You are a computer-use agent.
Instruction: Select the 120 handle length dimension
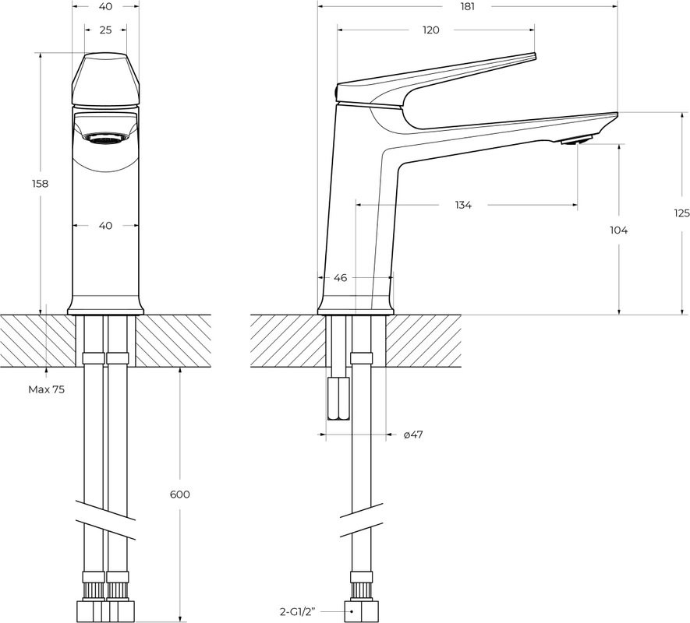[431, 30]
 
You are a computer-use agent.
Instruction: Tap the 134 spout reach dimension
[463, 206]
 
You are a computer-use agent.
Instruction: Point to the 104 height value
[619, 230]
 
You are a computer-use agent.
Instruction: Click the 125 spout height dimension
[681, 213]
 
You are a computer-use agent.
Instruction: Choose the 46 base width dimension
[340, 277]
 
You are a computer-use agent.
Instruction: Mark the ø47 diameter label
[413, 435]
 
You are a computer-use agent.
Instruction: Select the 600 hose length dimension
[179, 495]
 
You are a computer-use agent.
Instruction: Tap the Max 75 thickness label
[47, 389]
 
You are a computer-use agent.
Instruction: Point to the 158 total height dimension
[39, 184]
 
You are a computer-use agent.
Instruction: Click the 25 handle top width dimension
[106, 30]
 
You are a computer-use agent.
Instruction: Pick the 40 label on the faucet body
[106, 226]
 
